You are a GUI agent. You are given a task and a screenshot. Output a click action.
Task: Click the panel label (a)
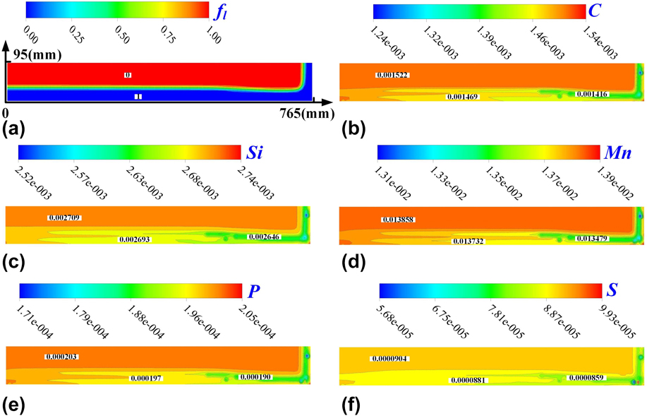(x=15, y=129)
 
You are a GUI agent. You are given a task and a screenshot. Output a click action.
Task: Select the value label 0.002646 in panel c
(x=265, y=237)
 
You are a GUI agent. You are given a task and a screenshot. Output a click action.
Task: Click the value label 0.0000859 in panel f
(x=589, y=378)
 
